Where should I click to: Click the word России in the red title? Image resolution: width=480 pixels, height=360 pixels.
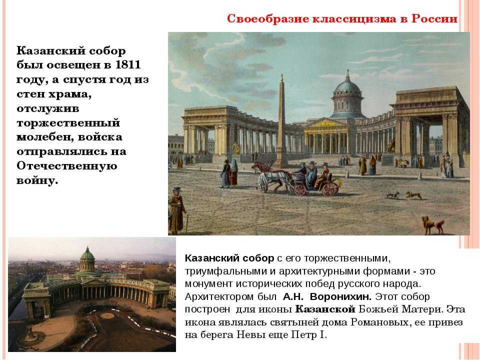click(434, 18)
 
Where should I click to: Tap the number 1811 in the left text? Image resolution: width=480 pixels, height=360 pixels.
click(127, 65)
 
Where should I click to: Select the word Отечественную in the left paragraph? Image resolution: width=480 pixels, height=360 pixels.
click(66, 166)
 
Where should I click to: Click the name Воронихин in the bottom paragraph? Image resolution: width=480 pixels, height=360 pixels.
click(340, 296)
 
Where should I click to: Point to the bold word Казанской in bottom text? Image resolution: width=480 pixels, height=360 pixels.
click(325, 309)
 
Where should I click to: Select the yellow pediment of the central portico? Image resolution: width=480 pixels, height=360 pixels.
click(325, 124)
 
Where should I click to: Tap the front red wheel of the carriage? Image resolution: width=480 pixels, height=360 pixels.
click(300, 189)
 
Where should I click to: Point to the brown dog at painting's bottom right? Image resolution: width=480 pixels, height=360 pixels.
click(432, 225)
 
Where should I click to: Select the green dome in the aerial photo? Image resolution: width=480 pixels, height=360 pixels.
click(87, 254)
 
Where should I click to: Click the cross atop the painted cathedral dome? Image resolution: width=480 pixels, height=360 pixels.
click(347, 73)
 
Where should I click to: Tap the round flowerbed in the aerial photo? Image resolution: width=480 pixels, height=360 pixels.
click(107, 315)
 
